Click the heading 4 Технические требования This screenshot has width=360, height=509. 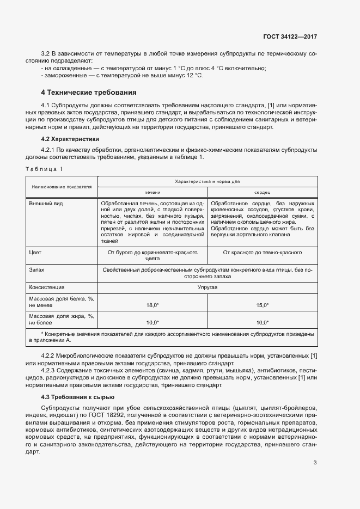89,91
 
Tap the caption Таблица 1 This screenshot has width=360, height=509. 44,169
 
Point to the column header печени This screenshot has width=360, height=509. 152,193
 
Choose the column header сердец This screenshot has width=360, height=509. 262,193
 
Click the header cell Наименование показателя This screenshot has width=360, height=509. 62,187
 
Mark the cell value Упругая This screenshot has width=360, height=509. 208,287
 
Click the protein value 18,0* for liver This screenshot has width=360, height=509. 152,305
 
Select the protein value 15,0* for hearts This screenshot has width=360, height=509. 262,305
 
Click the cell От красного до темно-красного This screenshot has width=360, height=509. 262,253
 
